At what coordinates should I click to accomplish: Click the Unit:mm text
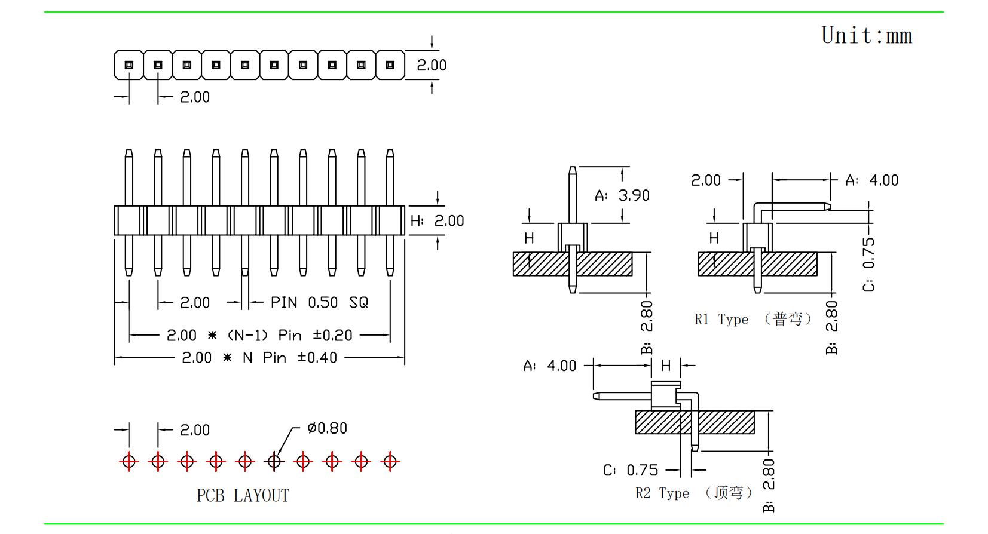tap(866, 36)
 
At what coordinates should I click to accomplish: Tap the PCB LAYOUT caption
tap(243, 495)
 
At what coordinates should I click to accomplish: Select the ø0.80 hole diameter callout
tap(327, 428)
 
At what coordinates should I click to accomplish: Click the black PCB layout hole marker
tap(274, 461)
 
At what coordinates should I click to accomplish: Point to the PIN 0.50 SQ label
tap(319, 303)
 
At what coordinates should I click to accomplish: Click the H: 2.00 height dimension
tap(437, 221)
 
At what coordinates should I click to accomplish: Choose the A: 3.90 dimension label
tap(622, 195)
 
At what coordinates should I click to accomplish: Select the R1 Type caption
tap(721, 320)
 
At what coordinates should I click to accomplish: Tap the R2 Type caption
tap(662, 493)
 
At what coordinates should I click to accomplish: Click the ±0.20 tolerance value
tap(332, 336)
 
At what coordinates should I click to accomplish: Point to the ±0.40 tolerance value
tap(317, 358)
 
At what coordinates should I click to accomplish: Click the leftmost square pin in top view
tap(129, 65)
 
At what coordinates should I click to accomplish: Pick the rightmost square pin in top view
tap(390, 65)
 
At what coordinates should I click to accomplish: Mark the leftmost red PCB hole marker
tap(129, 461)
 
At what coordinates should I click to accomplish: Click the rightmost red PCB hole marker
tap(390, 461)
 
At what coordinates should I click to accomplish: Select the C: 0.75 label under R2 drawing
tap(630, 471)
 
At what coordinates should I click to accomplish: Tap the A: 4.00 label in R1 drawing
tap(871, 180)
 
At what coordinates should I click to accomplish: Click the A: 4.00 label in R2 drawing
tap(549, 366)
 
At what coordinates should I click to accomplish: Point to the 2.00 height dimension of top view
tap(432, 65)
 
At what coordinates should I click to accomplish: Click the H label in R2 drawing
tap(666, 366)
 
